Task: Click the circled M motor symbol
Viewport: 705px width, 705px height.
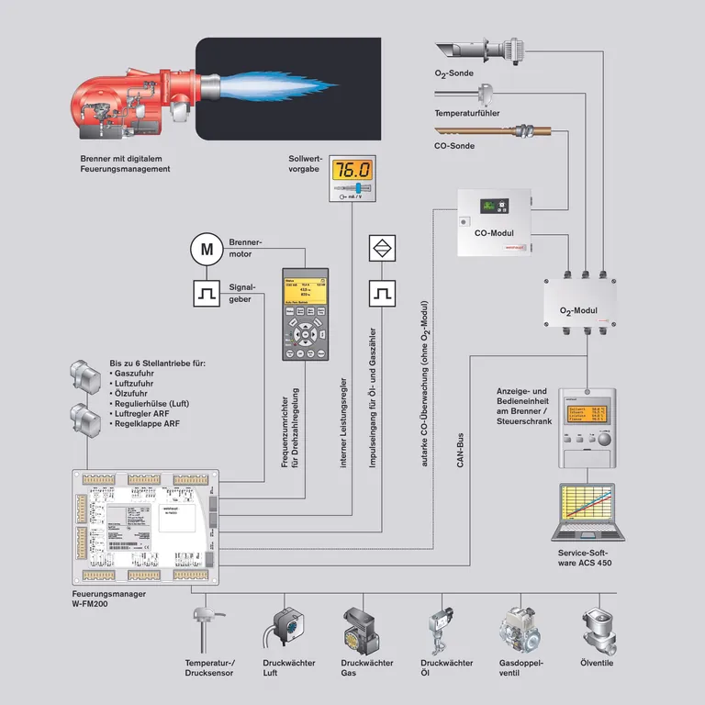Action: coord(207,248)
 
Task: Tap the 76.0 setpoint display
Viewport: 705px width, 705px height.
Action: coord(352,171)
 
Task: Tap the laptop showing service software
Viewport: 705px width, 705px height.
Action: coord(586,513)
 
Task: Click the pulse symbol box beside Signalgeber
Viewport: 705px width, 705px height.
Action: coord(207,294)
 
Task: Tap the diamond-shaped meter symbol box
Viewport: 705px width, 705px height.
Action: coord(381,248)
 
